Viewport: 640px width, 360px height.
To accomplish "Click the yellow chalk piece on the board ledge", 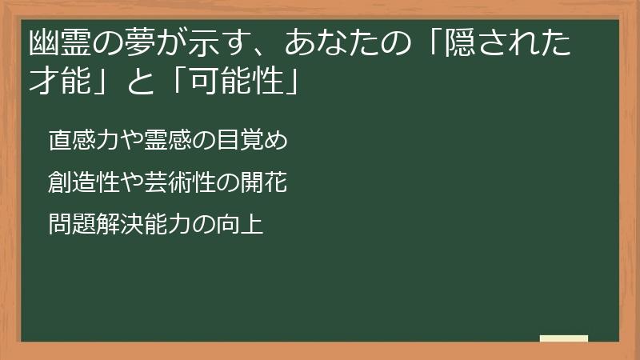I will click(564, 338).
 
